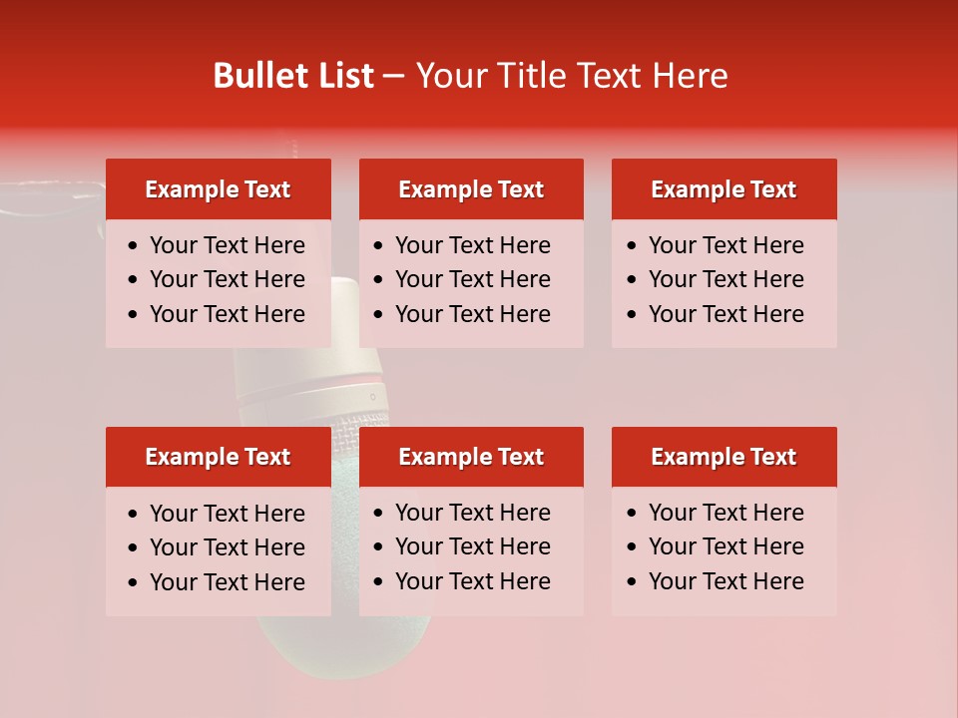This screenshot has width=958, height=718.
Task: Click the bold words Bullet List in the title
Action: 293,76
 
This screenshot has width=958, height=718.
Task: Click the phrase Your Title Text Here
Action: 572,76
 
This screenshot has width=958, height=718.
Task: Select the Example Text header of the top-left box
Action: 218,189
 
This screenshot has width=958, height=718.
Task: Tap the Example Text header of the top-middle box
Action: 471,189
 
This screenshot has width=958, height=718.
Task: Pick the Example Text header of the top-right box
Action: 723,189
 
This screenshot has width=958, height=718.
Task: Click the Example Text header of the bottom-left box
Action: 218,457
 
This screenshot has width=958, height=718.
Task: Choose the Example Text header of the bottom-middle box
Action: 471,457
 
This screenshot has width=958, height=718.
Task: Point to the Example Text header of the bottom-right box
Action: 723,457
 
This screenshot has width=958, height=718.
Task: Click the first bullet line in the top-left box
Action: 227,245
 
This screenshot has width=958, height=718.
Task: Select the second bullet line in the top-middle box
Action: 472,279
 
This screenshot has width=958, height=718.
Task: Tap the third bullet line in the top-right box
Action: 725,314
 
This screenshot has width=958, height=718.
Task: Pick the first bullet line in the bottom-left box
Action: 227,514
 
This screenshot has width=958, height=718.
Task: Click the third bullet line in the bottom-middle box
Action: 472,581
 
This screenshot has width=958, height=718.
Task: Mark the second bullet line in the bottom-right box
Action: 725,546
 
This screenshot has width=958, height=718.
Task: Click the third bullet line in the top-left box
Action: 227,314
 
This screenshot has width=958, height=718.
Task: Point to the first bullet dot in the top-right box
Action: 631,246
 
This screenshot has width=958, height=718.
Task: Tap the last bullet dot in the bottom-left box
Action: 133,583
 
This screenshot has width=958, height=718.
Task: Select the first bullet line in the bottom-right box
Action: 725,513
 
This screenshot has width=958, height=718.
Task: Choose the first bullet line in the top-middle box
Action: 472,245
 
